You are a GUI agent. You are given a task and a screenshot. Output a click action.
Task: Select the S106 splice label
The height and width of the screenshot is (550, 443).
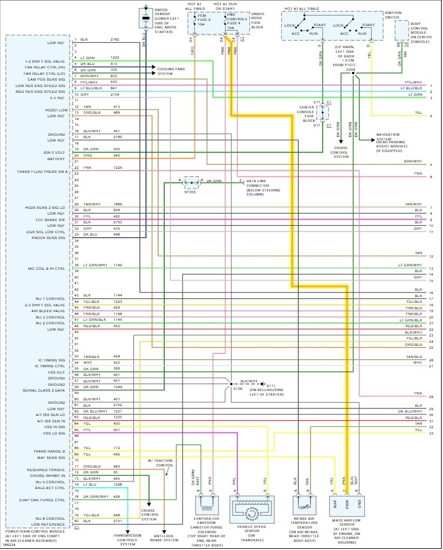pyautogui.click(x=238, y=389)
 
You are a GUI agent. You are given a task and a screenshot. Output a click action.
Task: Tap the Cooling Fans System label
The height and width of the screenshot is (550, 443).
pyautogui.click(x=172, y=71)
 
